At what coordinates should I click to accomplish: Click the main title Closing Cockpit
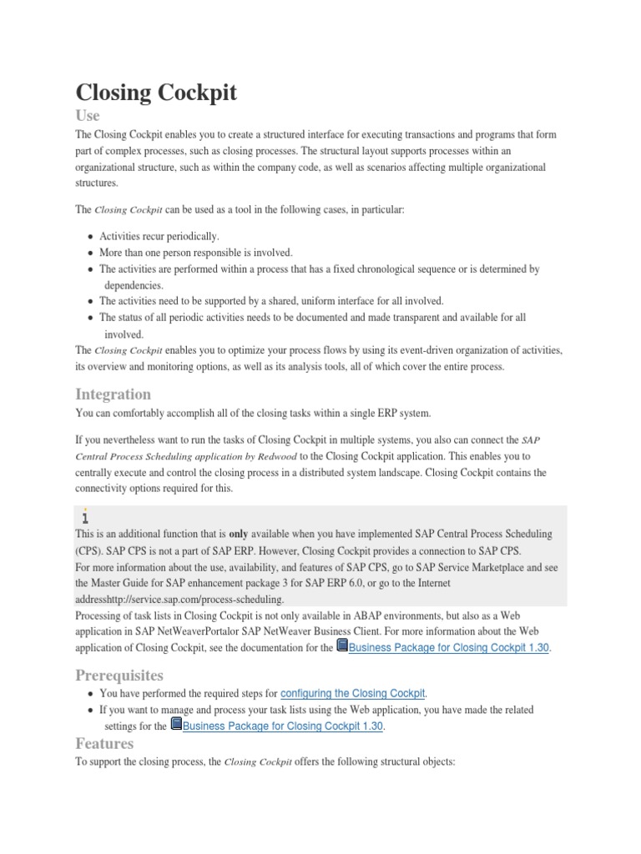pyautogui.click(x=156, y=93)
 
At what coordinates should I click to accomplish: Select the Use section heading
pyautogui.click(x=88, y=116)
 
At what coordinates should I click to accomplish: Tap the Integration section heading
pyautogui.click(x=114, y=394)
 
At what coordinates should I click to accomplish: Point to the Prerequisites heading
pyautogui.click(x=120, y=674)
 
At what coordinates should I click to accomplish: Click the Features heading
pyautogui.click(x=104, y=742)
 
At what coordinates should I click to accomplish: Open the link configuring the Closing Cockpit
pyautogui.click(x=353, y=693)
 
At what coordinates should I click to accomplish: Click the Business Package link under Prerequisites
pyautogui.click(x=283, y=726)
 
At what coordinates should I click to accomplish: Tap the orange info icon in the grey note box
pyautogui.click(x=86, y=517)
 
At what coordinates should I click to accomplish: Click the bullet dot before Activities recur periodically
pyautogui.click(x=89, y=236)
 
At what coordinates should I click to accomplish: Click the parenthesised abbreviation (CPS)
pyautogui.click(x=88, y=550)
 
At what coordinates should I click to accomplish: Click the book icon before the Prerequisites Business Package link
pyautogui.click(x=175, y=725)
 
